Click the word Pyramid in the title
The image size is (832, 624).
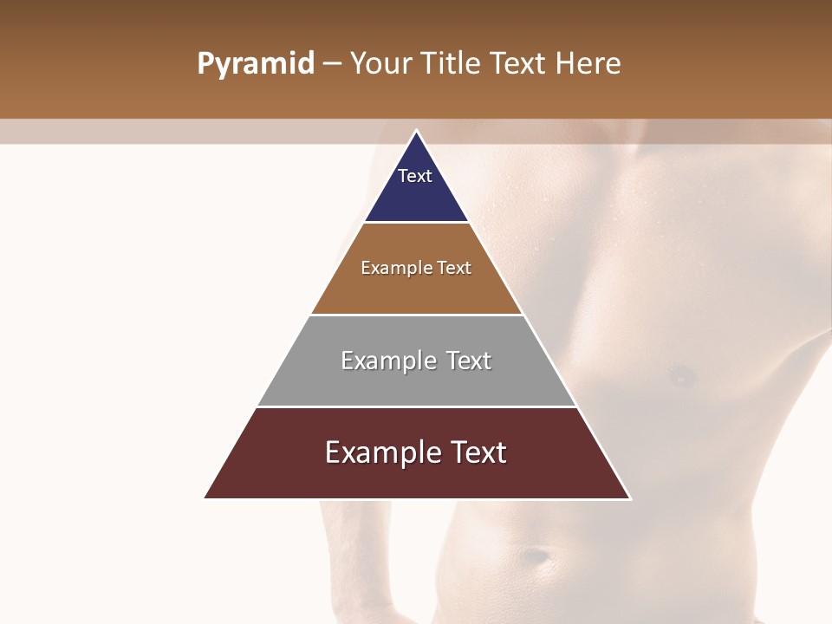256,64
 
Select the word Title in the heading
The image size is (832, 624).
451,64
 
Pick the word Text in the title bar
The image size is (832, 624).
518,64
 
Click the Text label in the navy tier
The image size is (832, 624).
415,176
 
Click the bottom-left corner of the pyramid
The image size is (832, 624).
205,498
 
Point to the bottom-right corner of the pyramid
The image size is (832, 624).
630,498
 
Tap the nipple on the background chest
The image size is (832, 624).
682,376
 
